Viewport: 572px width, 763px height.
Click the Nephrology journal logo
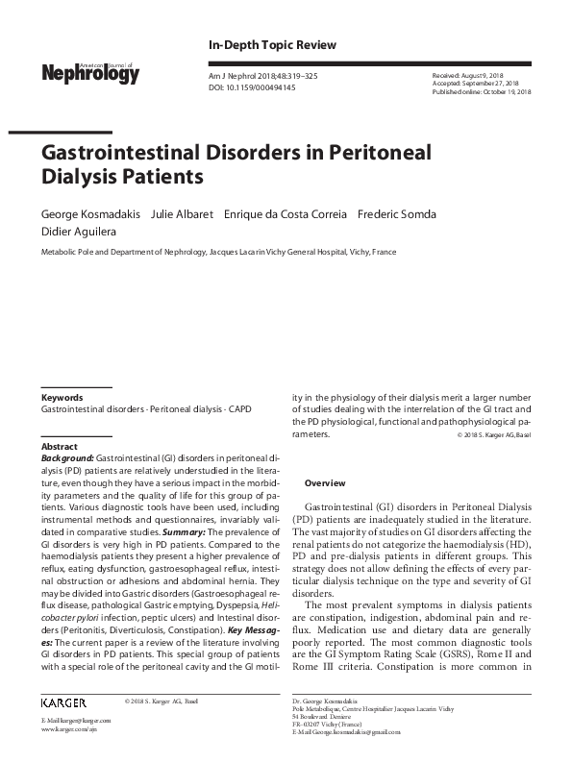(x=89, y=71)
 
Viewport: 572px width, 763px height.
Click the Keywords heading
(x=62, y=397)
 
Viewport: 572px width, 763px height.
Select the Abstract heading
(x=59, y=448)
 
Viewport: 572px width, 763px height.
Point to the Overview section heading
(x=325, y=481)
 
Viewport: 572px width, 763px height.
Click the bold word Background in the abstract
(x=68, y=460)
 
